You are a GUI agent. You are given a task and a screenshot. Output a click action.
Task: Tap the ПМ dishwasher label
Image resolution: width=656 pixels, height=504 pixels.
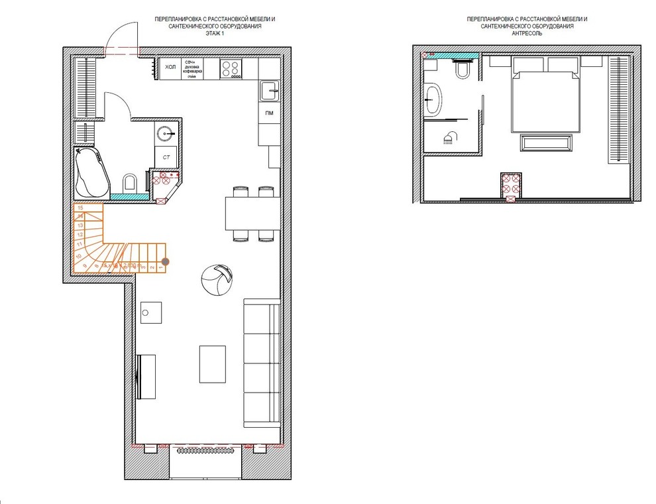(269, 114)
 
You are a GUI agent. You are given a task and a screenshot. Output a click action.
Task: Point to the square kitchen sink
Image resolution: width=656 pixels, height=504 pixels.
(269, 90)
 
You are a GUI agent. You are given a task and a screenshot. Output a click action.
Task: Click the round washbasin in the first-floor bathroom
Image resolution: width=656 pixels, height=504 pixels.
(166, 134)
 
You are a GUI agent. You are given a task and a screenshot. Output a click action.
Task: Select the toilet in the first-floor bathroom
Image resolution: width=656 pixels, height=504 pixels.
(131, 182)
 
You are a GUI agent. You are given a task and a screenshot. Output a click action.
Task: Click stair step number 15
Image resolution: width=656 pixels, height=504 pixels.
(80, 208)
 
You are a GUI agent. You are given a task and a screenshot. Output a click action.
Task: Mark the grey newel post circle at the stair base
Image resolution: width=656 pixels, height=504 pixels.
(166, 262)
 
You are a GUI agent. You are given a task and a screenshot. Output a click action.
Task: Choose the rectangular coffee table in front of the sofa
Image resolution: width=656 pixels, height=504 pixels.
(213, 363)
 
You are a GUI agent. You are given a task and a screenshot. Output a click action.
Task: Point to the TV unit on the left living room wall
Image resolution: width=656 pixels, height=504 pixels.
(146, 376)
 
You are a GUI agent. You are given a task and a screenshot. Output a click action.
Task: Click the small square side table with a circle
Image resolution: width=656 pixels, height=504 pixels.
(151, 312)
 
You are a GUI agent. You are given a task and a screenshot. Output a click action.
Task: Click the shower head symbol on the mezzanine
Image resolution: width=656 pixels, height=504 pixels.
(451, 137)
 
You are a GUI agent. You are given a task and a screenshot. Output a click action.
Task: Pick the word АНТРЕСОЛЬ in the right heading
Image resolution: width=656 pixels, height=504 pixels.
(527, 32)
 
